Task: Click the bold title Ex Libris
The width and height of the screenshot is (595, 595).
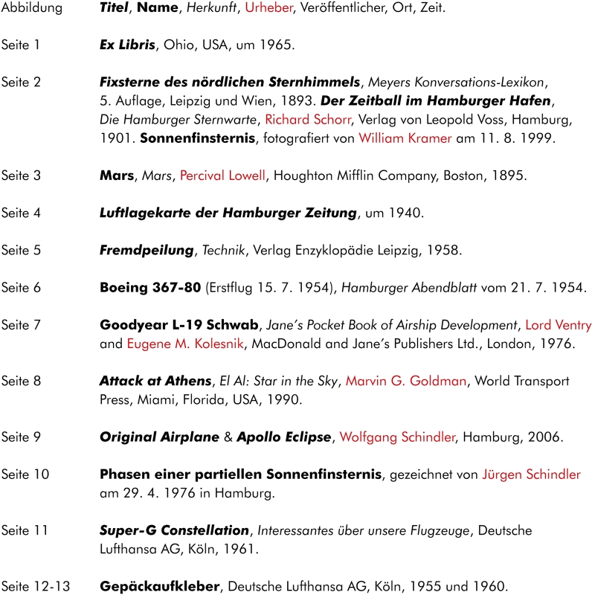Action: click(x=126, y=45)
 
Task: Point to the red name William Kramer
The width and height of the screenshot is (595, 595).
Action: click(x=405, y=138)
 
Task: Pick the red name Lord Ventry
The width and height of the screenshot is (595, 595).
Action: click(x=558, y=325)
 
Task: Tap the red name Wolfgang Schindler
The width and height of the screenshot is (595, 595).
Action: click(x=396, y=437)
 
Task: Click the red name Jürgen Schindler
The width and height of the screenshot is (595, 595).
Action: click(x=531, y=475)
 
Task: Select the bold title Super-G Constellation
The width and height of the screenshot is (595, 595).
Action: click(x=174, y=530)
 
